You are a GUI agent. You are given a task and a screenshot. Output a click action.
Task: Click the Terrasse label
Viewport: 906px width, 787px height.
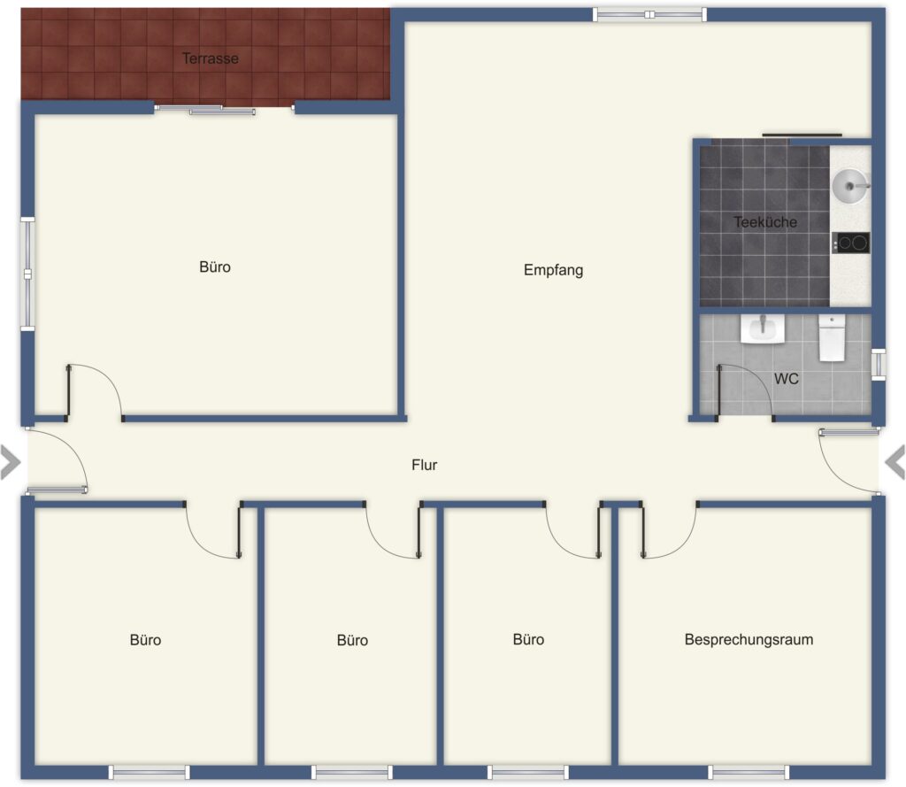pos(211,58)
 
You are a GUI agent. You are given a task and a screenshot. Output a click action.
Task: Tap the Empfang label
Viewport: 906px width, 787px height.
pos(554,270)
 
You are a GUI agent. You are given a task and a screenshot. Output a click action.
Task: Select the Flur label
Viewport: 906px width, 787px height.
pos(424,465)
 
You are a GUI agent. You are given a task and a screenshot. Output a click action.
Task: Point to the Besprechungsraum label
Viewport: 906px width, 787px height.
pos(749,639)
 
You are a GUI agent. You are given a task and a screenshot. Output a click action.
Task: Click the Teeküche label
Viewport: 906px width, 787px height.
pos(765,222)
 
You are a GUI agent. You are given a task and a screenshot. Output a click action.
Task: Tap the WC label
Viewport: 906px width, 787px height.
pos(787,379)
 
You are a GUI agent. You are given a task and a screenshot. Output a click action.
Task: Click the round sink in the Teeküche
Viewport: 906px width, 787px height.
pos(850,186)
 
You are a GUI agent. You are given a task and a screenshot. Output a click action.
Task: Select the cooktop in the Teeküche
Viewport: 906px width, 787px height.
pos(850,243)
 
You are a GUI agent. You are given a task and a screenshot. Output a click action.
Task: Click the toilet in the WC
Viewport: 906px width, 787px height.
pos(832,337)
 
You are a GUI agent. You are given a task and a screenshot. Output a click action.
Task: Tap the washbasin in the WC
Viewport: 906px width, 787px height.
pos(763,329)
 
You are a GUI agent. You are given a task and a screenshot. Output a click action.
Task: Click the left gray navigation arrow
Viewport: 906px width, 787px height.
pos(11,462)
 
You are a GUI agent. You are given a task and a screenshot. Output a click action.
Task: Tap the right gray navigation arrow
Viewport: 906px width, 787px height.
pos(895,462)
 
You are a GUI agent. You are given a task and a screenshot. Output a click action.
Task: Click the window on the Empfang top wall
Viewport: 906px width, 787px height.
pos(649,15)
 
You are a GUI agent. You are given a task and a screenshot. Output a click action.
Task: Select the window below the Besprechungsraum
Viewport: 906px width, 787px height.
pos(749,772)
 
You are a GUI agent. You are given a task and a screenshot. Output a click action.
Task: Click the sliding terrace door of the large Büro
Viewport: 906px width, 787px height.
pos(224,109)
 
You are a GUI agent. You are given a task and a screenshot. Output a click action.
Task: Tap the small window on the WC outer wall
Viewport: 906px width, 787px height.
pos(879,365)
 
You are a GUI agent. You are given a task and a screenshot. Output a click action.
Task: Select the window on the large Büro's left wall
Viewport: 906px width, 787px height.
pos(27,274)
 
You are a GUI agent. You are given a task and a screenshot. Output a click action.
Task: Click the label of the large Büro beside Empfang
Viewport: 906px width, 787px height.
pos(215,267)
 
